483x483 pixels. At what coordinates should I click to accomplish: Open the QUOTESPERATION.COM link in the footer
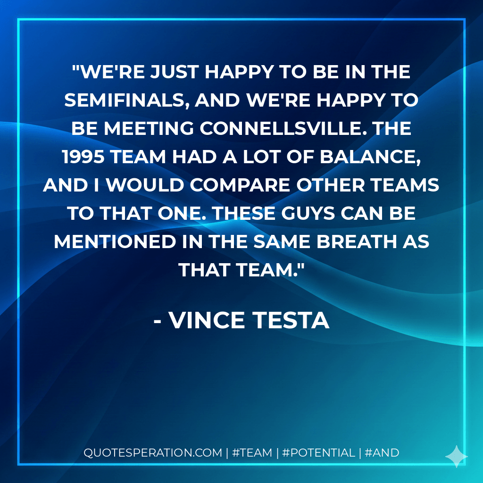click(153, 453)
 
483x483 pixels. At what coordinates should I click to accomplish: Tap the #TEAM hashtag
click(253, 453)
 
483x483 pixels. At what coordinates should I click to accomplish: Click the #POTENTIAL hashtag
click(318, 453)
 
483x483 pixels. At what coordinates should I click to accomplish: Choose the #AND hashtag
click(383, 453)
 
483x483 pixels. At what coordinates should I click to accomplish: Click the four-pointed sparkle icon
click(457, 456)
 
